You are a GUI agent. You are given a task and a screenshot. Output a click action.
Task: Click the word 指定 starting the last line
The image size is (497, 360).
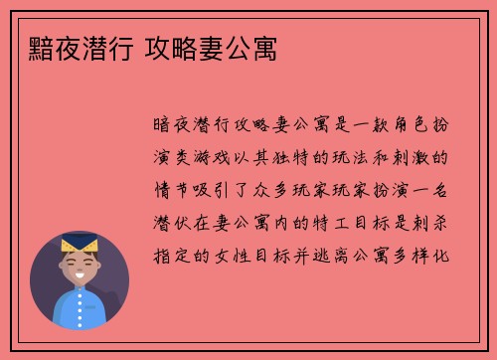click(167, 254)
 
